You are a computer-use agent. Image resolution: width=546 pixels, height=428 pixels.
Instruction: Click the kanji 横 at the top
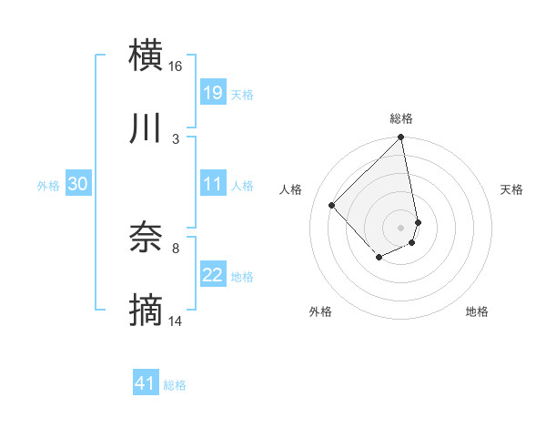(x=146, y=55)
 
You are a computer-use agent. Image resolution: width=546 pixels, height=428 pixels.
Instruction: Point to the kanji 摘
(x=146, y=311)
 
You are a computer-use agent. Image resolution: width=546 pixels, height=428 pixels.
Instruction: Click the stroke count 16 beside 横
(x=176, y=66)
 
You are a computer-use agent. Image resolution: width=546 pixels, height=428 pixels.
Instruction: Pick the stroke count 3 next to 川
(x=176, y=138)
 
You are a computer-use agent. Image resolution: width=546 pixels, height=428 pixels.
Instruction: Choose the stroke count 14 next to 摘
(x=176, y=321)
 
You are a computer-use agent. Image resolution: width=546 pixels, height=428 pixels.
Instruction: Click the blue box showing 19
(x=213, y=93)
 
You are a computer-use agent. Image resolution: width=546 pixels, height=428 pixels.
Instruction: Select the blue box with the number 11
(x=213, y=184)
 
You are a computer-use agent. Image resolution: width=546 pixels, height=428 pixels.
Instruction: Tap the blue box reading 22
(x=213, y=275)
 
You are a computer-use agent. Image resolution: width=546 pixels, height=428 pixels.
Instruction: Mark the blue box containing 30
(x=77, y=184)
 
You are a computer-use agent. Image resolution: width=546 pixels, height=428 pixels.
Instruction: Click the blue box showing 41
(x=146, y=383)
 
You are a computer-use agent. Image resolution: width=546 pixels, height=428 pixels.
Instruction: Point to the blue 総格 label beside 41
(x=175, y=385)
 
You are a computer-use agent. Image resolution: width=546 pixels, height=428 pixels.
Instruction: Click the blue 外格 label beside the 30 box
(x=48, y=186)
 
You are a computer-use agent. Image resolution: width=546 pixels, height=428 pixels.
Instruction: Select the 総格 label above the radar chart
(x=401, y=118)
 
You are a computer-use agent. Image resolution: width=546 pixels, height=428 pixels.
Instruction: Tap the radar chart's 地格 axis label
(x=477, y=311)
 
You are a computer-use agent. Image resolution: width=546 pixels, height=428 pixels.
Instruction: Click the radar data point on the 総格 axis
(x=401, y=138)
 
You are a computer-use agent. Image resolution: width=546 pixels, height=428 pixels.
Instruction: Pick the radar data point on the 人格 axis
(x=332, y=205)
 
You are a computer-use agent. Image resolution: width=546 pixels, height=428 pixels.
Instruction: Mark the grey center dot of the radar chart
(x=401, y=227)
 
